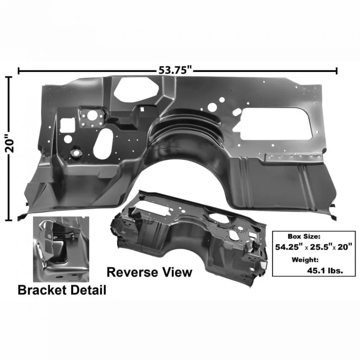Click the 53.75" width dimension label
175,70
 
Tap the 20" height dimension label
10,143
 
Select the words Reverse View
149,272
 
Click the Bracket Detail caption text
62,290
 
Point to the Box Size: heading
304,236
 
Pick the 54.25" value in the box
288,247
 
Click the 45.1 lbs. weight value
325,271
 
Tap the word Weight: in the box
305,260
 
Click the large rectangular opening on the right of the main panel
276,124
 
